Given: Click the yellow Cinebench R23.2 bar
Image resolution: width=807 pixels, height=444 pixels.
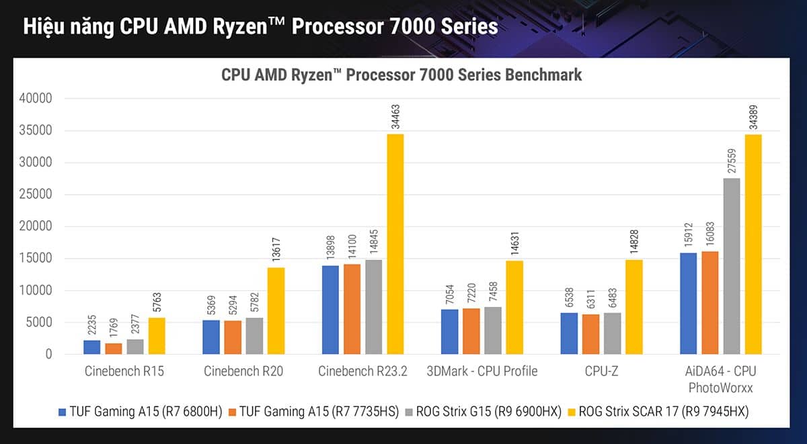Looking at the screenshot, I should coord(395,244).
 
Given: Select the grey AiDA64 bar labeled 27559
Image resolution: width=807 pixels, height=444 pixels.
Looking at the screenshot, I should coord(731,266).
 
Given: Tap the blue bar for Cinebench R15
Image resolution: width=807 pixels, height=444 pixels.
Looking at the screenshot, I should coord(92,347).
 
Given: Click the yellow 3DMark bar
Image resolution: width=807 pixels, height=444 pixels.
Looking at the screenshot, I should coord(514,307).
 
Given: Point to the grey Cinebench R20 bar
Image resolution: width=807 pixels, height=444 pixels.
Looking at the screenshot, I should coord(254,336).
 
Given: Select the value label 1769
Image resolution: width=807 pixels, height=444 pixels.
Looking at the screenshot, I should coord(113,327).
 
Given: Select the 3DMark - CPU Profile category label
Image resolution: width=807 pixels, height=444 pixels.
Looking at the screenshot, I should coord(482,371).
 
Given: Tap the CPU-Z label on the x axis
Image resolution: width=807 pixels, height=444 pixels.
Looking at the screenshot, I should coord(602,371).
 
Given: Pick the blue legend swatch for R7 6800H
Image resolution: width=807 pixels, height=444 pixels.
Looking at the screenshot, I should coord(63,412).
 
